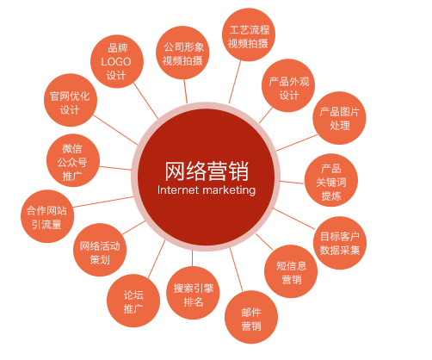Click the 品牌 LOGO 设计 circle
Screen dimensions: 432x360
tap(117, 61)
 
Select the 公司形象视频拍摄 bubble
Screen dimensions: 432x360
tap(182, 53)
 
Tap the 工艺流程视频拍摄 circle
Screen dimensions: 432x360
tap(249, 34)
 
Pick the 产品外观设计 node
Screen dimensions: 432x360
tap(288, 85)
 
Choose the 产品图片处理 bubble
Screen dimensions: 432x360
tap(339, 118)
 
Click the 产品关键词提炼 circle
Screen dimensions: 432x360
tap(331, 180)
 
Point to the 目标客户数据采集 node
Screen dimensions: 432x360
tap(340, 243)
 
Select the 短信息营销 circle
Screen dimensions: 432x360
tap(291, 271)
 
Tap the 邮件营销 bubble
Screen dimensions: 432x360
tap(251, 317)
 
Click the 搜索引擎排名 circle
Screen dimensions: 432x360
tap(193, 293)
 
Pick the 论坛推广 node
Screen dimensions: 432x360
tap(133, 301)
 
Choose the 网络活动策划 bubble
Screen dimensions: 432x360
tap(100, 250)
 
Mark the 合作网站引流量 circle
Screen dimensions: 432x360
tap(47, 216)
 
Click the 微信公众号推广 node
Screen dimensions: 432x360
tap(73, 160)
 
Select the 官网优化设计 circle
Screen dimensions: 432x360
tap(71, 100)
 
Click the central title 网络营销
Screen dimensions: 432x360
tap(207, 171)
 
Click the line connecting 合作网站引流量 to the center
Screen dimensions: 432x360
tap(103, 202)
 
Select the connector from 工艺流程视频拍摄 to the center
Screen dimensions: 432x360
tap(235, 82)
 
